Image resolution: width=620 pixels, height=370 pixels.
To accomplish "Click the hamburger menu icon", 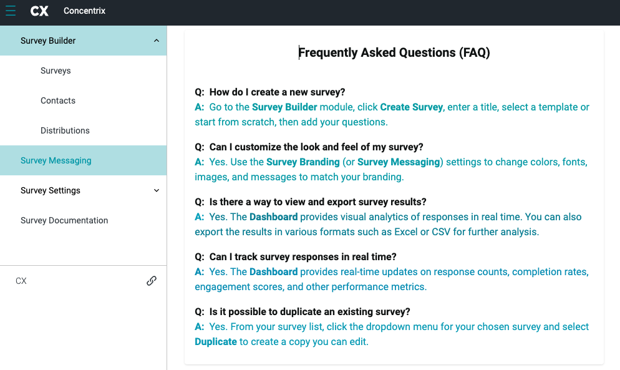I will coord(11,11).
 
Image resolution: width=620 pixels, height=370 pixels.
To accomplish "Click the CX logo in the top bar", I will coord(39,11).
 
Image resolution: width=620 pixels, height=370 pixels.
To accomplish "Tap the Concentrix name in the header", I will coord(84,11).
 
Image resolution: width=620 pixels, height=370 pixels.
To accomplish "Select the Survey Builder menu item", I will coord(48,41).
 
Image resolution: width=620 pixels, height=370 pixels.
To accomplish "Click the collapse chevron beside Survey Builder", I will coord(156,41).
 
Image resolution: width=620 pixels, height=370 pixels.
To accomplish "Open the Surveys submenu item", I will coord(56,71).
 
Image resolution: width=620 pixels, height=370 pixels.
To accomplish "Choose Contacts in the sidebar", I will coord(58,100).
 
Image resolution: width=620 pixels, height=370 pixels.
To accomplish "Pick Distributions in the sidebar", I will coord(65,130).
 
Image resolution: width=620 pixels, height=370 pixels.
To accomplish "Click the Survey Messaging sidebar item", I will coord(56,160).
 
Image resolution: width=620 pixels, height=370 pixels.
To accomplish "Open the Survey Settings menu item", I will coord(51,190).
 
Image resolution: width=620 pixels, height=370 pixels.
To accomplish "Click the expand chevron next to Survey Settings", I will coord(156,190).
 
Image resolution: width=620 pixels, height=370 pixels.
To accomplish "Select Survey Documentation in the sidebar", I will coord(64,220).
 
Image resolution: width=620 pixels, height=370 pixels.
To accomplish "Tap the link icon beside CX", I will coord(151,281).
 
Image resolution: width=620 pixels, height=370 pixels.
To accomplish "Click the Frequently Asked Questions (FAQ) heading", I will coord(394,53).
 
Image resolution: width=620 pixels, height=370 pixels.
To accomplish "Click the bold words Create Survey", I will coord(412,107).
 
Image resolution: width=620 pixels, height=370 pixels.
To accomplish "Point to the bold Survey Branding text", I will coord(303,162).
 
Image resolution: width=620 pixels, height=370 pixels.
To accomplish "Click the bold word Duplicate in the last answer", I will coord(216,341).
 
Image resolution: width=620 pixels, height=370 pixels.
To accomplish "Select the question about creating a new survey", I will coord(277,92).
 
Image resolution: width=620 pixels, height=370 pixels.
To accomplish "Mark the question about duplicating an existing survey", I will coord(309,312).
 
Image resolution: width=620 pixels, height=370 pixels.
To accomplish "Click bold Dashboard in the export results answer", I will coord(273,217).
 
